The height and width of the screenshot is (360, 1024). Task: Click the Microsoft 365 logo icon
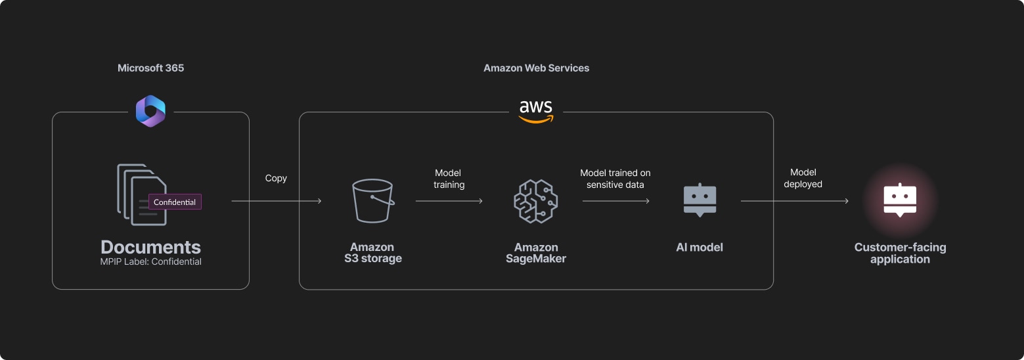coord(150,111)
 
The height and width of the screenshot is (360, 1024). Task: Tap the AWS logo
coord(535,112)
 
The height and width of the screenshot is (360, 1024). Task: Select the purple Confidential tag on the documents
coord(175,202)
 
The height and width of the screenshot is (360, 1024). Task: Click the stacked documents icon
coord(139,194)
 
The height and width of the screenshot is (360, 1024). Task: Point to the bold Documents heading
coord(150,247)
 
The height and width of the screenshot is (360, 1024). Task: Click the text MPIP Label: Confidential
coord(150,261)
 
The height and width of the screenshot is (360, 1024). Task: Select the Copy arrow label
coord(276,178)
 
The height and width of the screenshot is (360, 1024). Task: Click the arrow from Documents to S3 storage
coord(276,201)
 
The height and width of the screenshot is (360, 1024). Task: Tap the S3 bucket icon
coord(372,201)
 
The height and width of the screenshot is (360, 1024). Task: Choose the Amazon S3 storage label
coord(372,253)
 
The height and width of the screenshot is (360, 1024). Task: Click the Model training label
coord(449,179)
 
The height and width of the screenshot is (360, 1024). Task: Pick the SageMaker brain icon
coord(535,201)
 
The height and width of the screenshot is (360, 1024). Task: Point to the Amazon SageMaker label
coord(535,253)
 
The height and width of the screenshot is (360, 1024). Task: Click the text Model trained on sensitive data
coord(615,179)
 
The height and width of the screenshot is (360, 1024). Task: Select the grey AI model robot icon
coord(700,200)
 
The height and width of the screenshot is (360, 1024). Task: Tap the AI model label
coord(700,248)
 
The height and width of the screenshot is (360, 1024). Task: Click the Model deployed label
coord(803,179)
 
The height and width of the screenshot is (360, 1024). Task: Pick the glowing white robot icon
coord(900,200)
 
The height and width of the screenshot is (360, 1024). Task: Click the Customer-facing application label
coord(900,253)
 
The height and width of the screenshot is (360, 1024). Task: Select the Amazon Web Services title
coord(536,68)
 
